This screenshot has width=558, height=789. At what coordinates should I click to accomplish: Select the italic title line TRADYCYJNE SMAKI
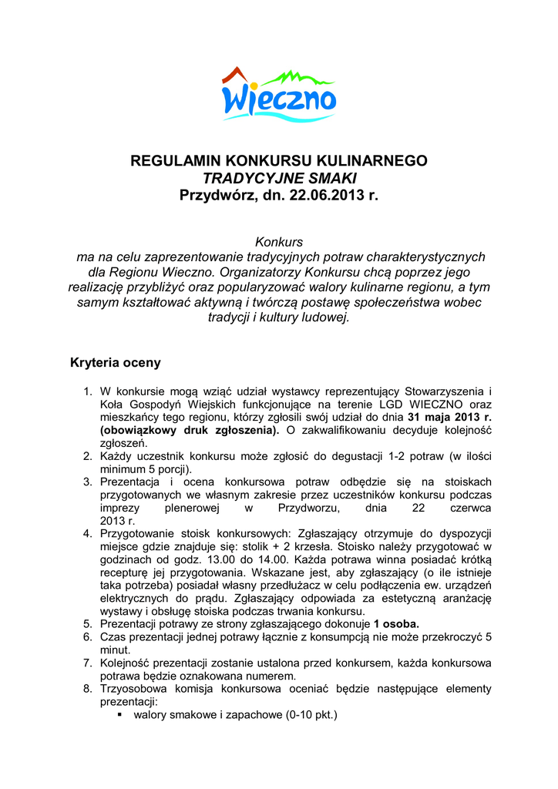(278, 178)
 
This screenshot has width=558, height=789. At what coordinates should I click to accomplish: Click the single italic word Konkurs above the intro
(278, 242)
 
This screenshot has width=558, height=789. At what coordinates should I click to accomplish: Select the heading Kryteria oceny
(116, 361)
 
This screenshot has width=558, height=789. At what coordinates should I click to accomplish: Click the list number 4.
(88, 533)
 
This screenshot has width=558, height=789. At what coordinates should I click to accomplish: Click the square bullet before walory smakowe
(120, 714)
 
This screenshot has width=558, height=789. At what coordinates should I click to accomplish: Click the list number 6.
(88, 636)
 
